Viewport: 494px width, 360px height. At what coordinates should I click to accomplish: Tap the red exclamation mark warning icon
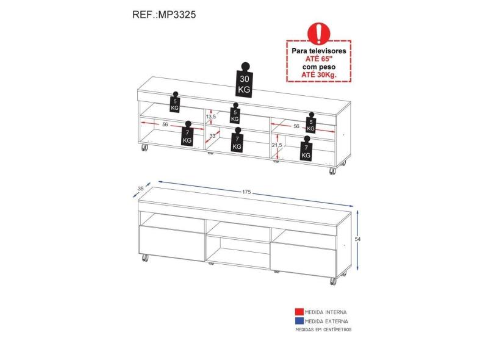click(x=318, y=33)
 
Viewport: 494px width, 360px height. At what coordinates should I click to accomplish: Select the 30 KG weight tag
click(x=244, y=80)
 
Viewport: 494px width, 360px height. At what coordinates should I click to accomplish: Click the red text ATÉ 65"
click(x=319, y=59)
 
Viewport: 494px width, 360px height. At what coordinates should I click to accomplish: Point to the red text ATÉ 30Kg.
click(x=319, y=75)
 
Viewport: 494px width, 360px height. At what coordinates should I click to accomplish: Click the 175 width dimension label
click(x=246, y=192)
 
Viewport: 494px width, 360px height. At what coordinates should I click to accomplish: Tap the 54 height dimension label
click(x=357, y=239)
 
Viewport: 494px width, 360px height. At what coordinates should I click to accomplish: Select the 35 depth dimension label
click(x=140, y=189)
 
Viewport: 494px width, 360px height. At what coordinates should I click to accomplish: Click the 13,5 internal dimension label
click(x=211, y=117)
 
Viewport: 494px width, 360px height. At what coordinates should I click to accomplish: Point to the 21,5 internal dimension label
click(x=277, y=145)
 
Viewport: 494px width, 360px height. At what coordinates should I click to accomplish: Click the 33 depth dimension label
click(x=212, y=136)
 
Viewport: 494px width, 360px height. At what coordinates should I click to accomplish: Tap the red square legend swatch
click(x=299, y=312)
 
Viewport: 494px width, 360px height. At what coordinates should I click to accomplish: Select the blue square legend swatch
click(x=299, y=321)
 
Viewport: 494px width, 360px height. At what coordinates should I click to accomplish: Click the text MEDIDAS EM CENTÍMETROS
click(x=323, y=329)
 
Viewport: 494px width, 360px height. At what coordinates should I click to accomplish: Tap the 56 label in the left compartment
click(x=165, y=124)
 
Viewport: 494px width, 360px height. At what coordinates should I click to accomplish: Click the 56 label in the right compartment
click(x=296, y=126)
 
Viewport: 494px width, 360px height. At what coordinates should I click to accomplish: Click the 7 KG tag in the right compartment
click(x=306, y=149)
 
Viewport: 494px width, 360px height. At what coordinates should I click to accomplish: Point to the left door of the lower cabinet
click(x=172, y=243)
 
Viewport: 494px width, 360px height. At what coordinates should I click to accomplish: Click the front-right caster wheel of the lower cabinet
click(x=333, y=281)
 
